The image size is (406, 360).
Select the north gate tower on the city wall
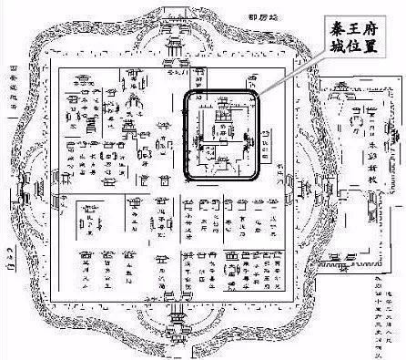click(x=174, y=46)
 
